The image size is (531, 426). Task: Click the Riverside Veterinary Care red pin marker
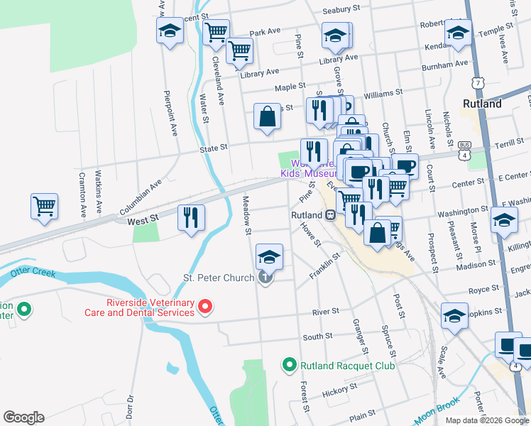(x=205, y=307)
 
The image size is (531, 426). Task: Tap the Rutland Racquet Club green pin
(x=289, y=366)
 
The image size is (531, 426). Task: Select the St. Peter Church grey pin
(x=265, y=278)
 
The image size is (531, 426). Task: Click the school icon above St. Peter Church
(x=269, y=257)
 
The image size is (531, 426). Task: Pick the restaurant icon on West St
(x=190, y=218)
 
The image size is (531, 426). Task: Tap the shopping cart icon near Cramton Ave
(x=44, y=207)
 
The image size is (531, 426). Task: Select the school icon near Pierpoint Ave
(x=170, y=31)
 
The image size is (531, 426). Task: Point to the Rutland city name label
(x=483, y=104)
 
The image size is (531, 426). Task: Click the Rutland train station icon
(x=330, y=215)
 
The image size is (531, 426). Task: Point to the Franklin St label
(x=326, y=269)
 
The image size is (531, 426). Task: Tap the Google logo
(x=23, y=417)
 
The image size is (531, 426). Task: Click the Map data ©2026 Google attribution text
(x=487, y=420)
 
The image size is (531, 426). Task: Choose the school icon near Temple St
(x=458, y=33)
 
